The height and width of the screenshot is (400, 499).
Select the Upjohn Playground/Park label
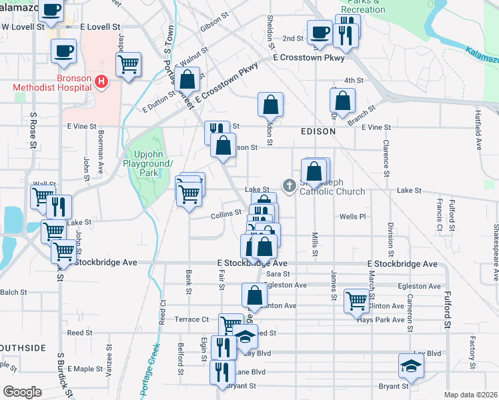pyautogui.click(x=149, y=163)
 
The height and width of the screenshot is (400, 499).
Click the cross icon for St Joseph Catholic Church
pyautogui.click(x=290, y=185)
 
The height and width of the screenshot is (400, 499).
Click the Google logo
pyautogui.click(x=21, y=392)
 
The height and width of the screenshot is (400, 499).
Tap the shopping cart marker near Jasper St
pyautogui.click(x=128, y=65)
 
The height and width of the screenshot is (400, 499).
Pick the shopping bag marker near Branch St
pyautogui.click(x=342, y=101)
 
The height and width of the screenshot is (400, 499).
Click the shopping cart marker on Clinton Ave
pyautogui.click(x=356, y=301)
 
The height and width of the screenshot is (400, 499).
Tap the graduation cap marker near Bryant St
pyautogui.click(x=410, y=365)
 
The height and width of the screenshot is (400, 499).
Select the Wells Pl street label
pyautogui.click(x=353, y=217)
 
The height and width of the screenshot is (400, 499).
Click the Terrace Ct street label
pyautogui.click(x=192, y=319)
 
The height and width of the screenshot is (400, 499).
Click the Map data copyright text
pyautogui.click(x=470, y=395)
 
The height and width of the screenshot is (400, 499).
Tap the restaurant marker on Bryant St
pyautogui.click(x=223, y=372)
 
